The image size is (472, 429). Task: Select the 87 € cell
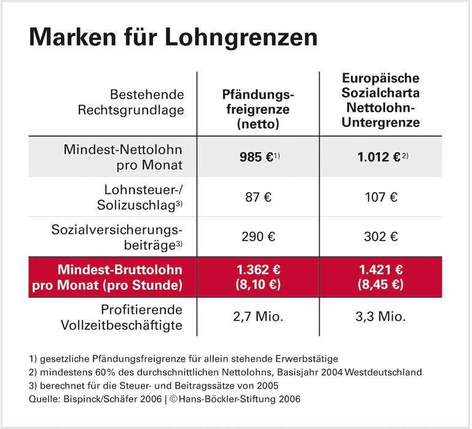[x=258, y=198]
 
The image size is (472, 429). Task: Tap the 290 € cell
[x=258, y=236]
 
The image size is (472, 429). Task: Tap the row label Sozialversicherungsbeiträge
[x=130, y=236]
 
